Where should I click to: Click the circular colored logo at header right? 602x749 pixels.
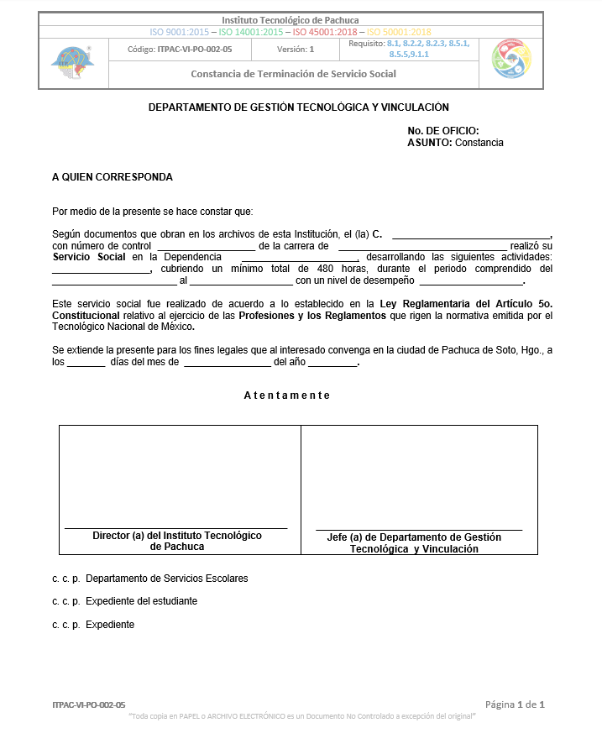pyautogui.click(x=511, y=59)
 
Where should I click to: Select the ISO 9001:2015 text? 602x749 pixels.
pyautogui.click(x=180, y=32)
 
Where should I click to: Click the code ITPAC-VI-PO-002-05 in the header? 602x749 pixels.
pyautogui.click(x=180, y=50)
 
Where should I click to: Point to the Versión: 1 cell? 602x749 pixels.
pyautogui.click(x=296, y=50)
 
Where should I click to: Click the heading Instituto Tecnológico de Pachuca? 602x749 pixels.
pyautogui.click(x=291, y=19)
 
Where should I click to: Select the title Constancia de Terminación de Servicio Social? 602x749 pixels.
pyautogui.click(x=293, y=74)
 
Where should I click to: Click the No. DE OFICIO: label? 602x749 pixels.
pyautogui.click(x=442, y=130)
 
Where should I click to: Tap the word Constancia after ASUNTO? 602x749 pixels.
pyautogui.click(x=479, y=143)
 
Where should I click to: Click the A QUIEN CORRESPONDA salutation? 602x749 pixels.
pyautogui.click(x=113, y=177)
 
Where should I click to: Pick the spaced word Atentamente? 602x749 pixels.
pyautogui.click(x=287, y=395)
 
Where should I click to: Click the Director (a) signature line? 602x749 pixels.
pyautogui.click(x=176, y=527)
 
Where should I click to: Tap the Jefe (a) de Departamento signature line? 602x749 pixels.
pyautogui.click(x=418, y=529)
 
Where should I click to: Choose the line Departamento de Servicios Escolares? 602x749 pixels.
pyautogui.click(x=166, y=579)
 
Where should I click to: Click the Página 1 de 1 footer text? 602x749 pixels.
pyautogui.click(x=516, y=704)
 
